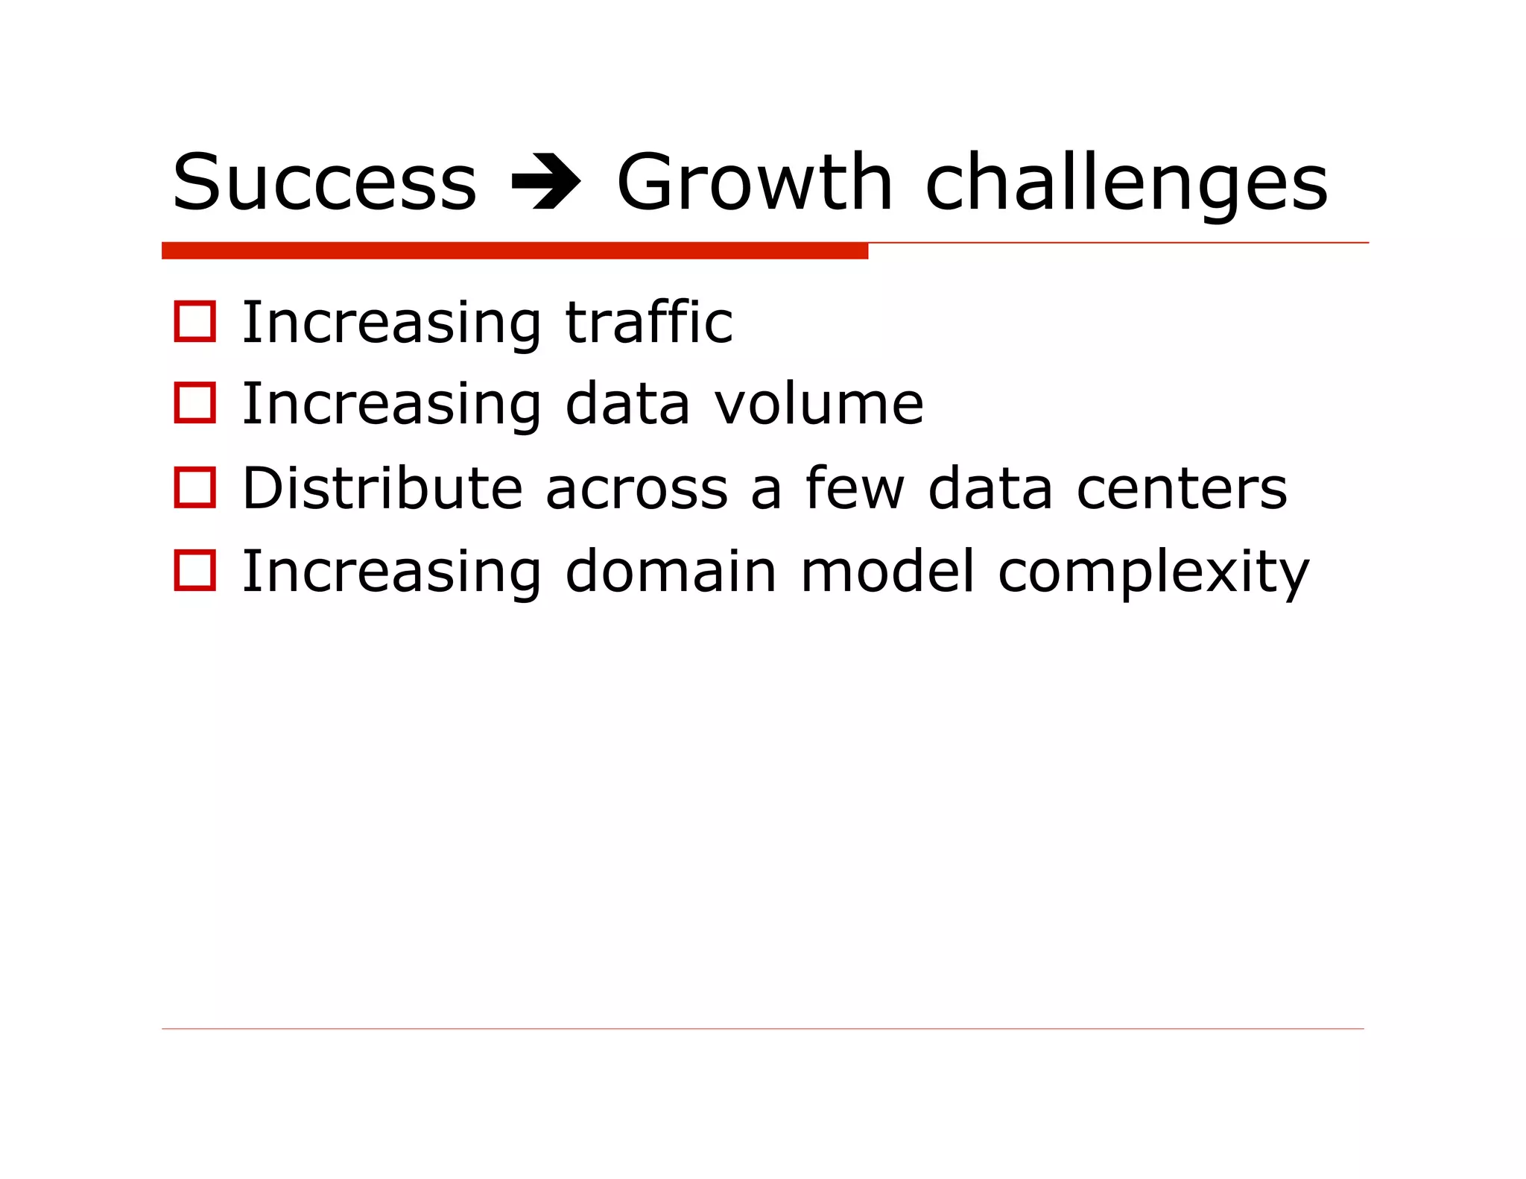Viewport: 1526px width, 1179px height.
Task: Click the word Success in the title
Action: tap(323, 182)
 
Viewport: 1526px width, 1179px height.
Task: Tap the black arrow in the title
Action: tap(546, 182)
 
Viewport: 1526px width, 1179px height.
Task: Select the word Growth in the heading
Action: tap(754, 182)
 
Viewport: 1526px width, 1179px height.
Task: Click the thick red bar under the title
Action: tap(514, 250)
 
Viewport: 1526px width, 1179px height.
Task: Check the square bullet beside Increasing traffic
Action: tap(194, 322)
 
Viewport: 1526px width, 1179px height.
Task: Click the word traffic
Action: tap(648, 322)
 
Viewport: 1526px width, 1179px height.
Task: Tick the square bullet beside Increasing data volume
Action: tap(194, 403)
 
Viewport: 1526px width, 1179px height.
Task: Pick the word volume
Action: tap(819, 403)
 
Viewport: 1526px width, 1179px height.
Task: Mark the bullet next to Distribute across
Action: tap(194, 487)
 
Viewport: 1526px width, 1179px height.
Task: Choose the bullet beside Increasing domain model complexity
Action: tap(194, 571)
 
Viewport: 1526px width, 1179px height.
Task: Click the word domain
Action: tap(671, 571)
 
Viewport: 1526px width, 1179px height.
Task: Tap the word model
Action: tap(887, 571)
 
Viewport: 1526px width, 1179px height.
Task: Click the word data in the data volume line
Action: tap(627, 403)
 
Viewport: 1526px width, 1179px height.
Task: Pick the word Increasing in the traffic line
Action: tap(392, 323)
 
